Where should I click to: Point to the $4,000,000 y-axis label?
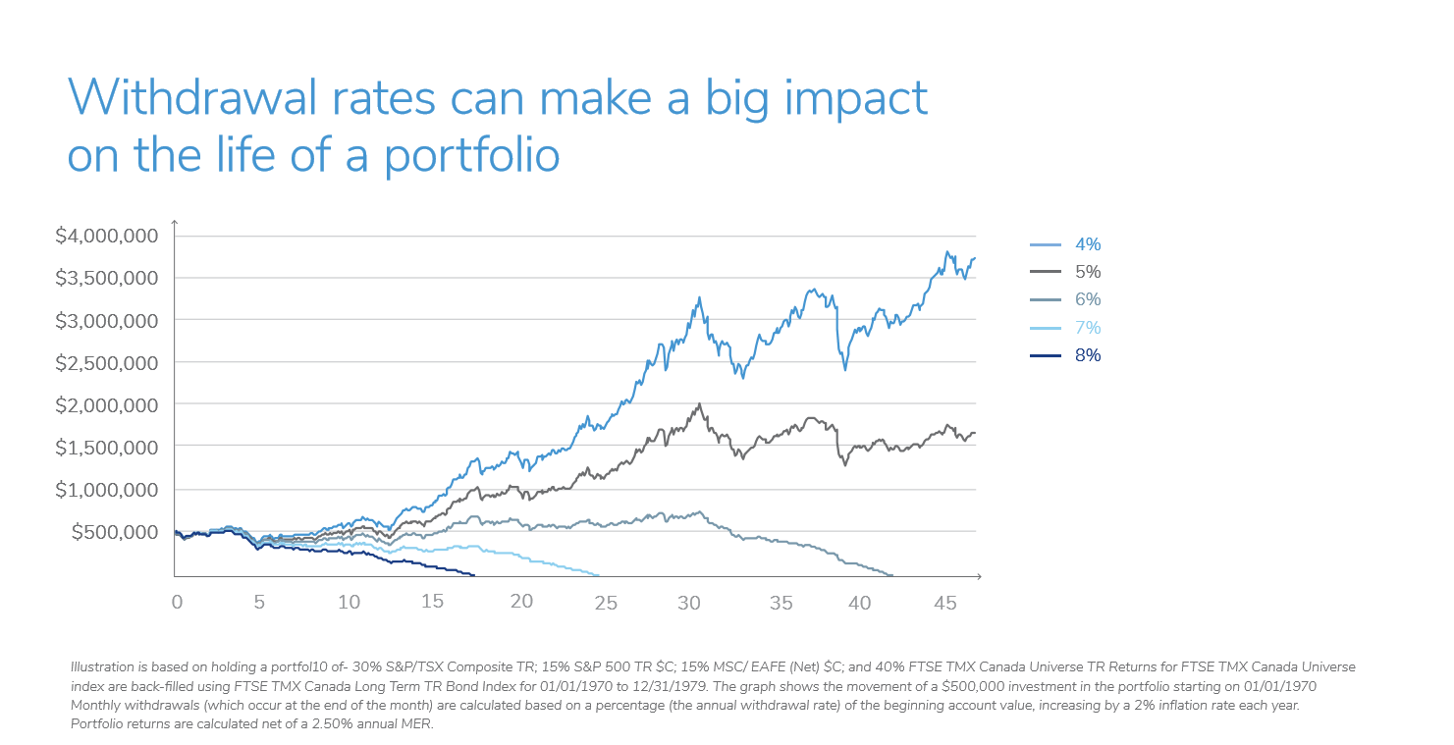[x=107, y=236]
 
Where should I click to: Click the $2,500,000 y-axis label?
[x=107, y=362]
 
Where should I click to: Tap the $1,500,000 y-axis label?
[x=107, y=447]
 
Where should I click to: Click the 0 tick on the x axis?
[x=177, y=602]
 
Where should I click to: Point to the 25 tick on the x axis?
[x=607, y=602]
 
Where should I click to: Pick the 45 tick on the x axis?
[x=944, y=602]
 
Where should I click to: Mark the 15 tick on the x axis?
[x=433, y=602]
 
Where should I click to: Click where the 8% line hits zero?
[x=474, y=575]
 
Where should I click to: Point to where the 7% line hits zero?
[x=599, y=575]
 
